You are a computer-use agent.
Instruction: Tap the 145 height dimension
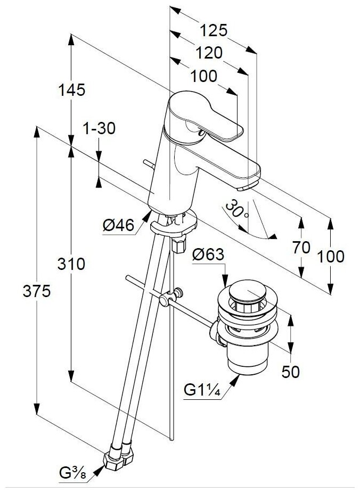click(71, 90)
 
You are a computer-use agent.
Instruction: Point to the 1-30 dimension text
click(99, 129)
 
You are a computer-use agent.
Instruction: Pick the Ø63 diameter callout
click(208, 254)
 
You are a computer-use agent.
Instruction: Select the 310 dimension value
click(71, 264)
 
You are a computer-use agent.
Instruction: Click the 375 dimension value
click(36, 291)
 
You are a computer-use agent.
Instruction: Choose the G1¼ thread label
click(203, 390)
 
